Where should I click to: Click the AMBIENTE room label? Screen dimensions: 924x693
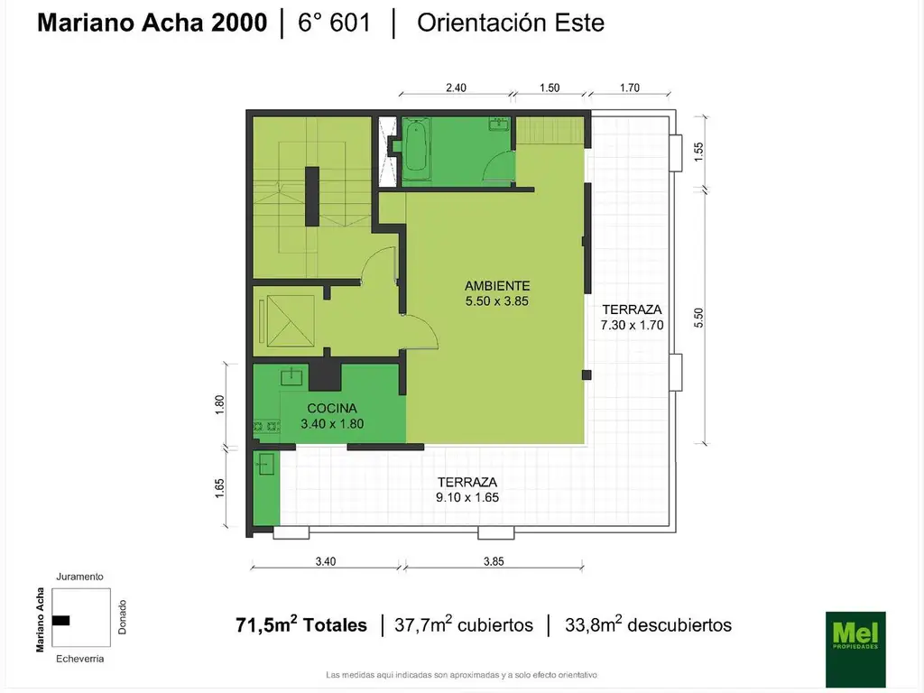(x=497, y=286)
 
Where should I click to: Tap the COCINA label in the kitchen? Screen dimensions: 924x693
(x=332, y=409)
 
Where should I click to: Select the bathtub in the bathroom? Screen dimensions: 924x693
(x=416, y=151)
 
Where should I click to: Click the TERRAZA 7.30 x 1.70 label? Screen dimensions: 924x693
(x=632, y=317)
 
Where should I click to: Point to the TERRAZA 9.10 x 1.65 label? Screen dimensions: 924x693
(x=467, y=490)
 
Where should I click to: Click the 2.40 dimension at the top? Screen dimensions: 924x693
(x=456, y=88)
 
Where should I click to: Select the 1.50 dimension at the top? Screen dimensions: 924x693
(x=550, y=88)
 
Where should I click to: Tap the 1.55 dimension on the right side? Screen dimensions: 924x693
(x=698, y=152)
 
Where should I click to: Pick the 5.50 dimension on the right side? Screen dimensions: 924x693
(x=698, y=319)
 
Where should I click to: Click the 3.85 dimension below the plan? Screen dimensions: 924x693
(x=494, y=561)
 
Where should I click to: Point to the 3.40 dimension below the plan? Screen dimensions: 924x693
(x=325, y=561)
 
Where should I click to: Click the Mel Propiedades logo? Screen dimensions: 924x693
(x=855, y=648)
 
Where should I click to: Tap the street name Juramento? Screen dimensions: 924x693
(x=79, y=577)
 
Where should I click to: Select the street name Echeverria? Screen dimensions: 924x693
(x=79, y=659)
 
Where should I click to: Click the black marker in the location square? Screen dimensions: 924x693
(x=60, y=621)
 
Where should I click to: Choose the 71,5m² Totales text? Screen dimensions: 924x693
(x=301, y=624)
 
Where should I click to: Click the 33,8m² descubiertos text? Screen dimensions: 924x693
(x=648, y=624)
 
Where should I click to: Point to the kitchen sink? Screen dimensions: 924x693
(x=291, y=376)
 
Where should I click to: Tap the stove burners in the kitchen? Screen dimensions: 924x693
(x=266, y=426)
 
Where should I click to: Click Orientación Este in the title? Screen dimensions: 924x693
(x=511, y=23)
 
